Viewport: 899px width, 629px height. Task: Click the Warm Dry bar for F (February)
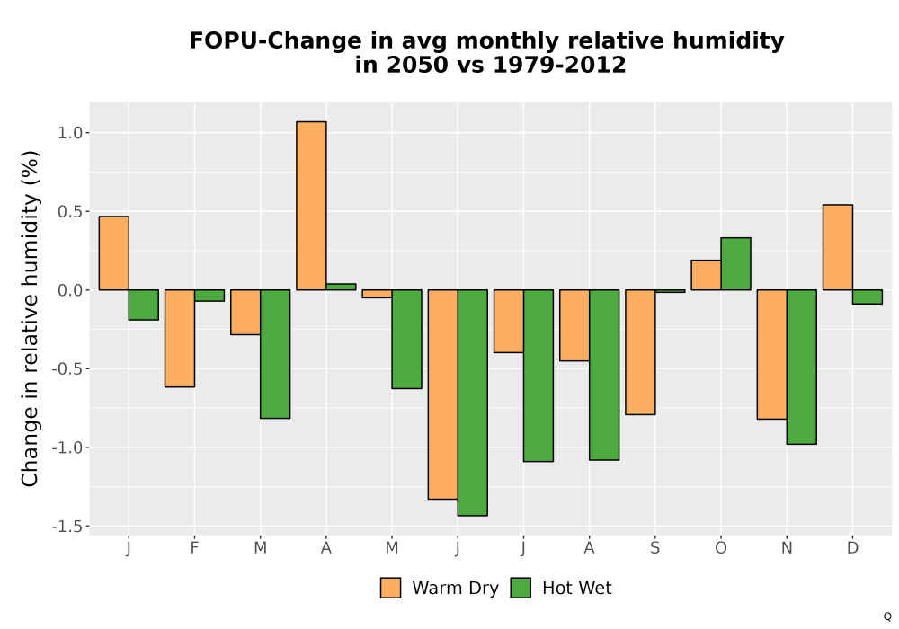tap(180, 338)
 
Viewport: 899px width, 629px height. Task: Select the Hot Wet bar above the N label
tap(802, 367)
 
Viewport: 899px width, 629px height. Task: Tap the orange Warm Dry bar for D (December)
tap(838, 247)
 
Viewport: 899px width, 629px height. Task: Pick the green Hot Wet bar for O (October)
tap(735, 263)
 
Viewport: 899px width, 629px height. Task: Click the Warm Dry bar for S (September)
tap(640, 351)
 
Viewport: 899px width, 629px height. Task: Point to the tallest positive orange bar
tap(311, 206)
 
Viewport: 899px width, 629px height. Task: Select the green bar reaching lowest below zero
tap(473, 403)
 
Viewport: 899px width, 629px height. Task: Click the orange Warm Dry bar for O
tap(706, 275)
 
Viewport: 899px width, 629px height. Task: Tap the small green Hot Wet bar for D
tap(868, 297)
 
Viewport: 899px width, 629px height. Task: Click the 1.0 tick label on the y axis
tap(70, 133)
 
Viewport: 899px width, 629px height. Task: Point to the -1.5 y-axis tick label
tap(67, 526)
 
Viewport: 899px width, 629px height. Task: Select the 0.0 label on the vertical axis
tap(70, 290)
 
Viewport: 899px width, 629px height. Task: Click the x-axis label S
tap(654, 548)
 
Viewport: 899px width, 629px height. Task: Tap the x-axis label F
tap(194, 548)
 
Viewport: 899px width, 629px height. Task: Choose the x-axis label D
tap(852, 548)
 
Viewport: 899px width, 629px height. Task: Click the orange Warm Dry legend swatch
tap(390, 588)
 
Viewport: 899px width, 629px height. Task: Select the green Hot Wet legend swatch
tap(521, 588)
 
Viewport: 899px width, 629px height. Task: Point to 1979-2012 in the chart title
tap(559, 65)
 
